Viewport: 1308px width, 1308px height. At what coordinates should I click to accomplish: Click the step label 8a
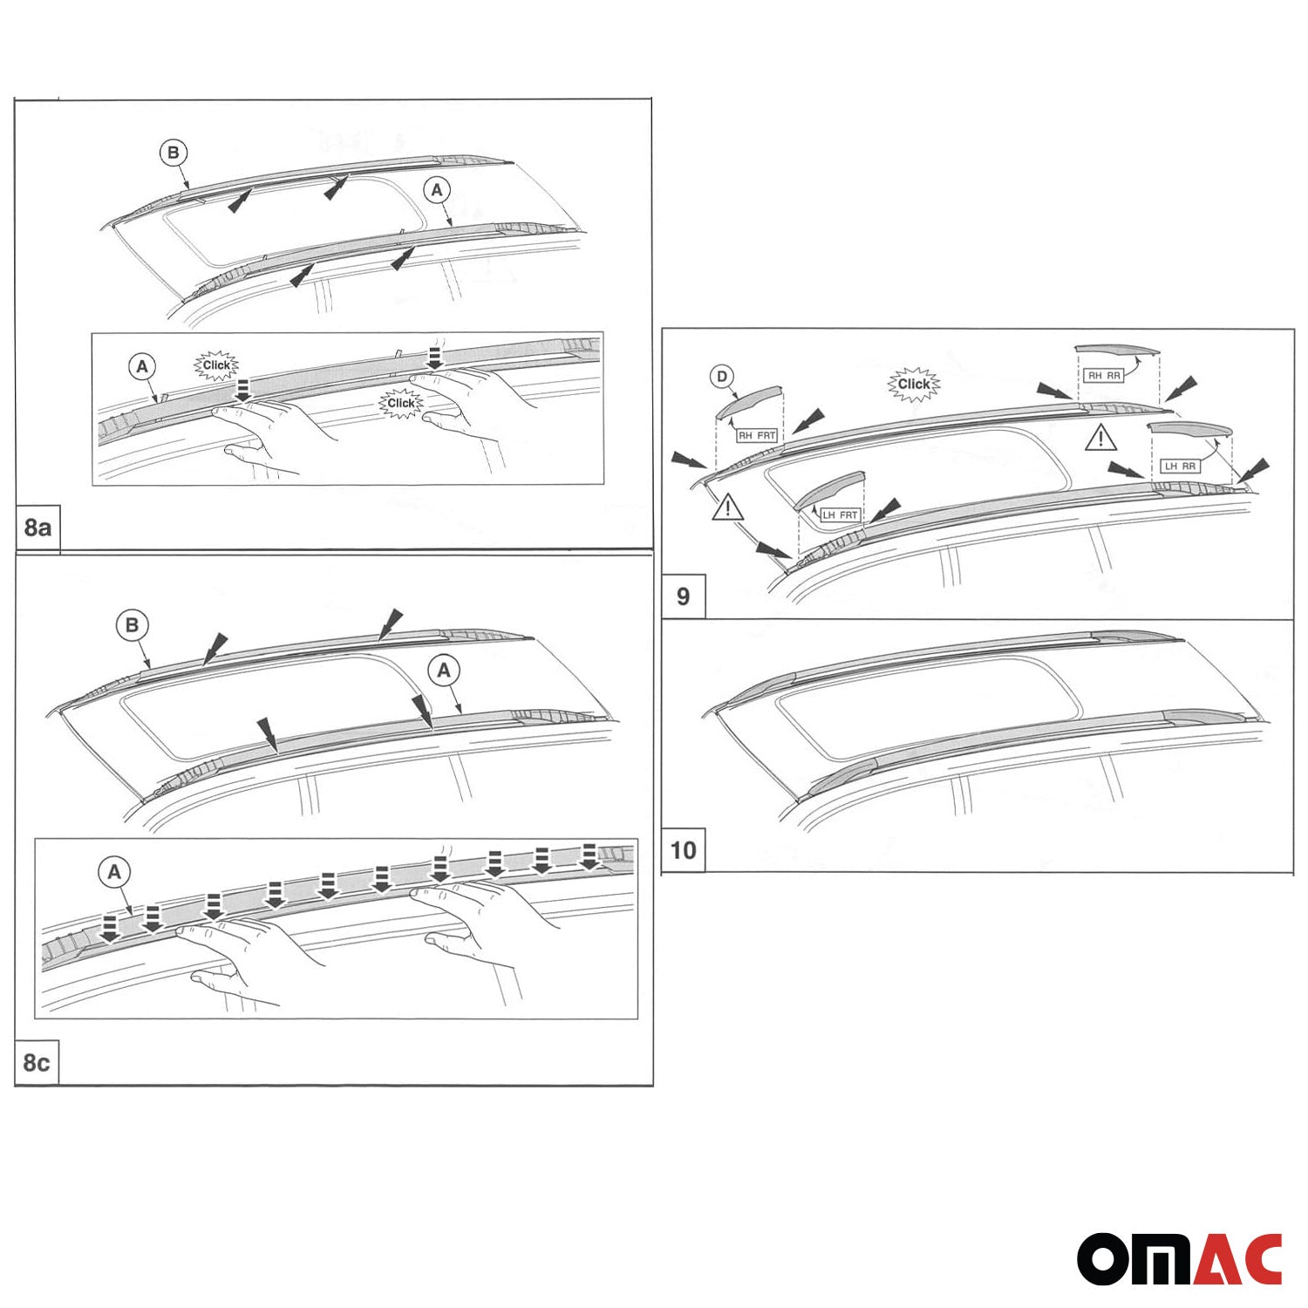point(37,528)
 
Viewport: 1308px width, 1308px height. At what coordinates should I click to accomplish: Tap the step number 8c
point(37,1063)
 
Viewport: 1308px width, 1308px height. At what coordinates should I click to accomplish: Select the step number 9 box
point(683,596)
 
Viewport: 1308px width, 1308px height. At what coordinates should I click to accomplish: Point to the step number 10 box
point(683,849)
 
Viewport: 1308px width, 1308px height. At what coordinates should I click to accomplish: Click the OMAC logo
point(1179,1258)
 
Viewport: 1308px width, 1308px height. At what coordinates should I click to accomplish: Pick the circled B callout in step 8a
point(173,153)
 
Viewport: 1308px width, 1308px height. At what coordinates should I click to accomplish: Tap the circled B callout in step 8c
point(132,625)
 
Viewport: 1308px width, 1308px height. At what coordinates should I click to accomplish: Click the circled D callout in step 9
point(721,377)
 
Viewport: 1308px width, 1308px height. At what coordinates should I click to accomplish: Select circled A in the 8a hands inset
point(143,367)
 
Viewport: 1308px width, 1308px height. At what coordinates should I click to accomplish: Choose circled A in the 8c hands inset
point(114,871)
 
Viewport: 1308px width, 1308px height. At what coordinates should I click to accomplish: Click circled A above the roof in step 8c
point(444,671)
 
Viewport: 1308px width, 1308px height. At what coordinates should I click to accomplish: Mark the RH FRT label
point(756,435)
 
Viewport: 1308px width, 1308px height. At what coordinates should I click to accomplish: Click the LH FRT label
point(840,514)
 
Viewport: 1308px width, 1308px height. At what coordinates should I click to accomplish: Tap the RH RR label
point(1103,375)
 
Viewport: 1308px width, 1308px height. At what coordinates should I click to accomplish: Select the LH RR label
point(1179,466)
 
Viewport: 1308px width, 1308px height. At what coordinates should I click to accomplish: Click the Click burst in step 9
point(913,384)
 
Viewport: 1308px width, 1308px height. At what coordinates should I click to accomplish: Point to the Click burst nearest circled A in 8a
point(215,365)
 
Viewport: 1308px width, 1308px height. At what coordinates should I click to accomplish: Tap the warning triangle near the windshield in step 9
point(727,507)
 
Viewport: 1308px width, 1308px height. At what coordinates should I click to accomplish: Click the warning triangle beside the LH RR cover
point(1100,437)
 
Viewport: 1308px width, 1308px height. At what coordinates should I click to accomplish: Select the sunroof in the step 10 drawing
point(924,706)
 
